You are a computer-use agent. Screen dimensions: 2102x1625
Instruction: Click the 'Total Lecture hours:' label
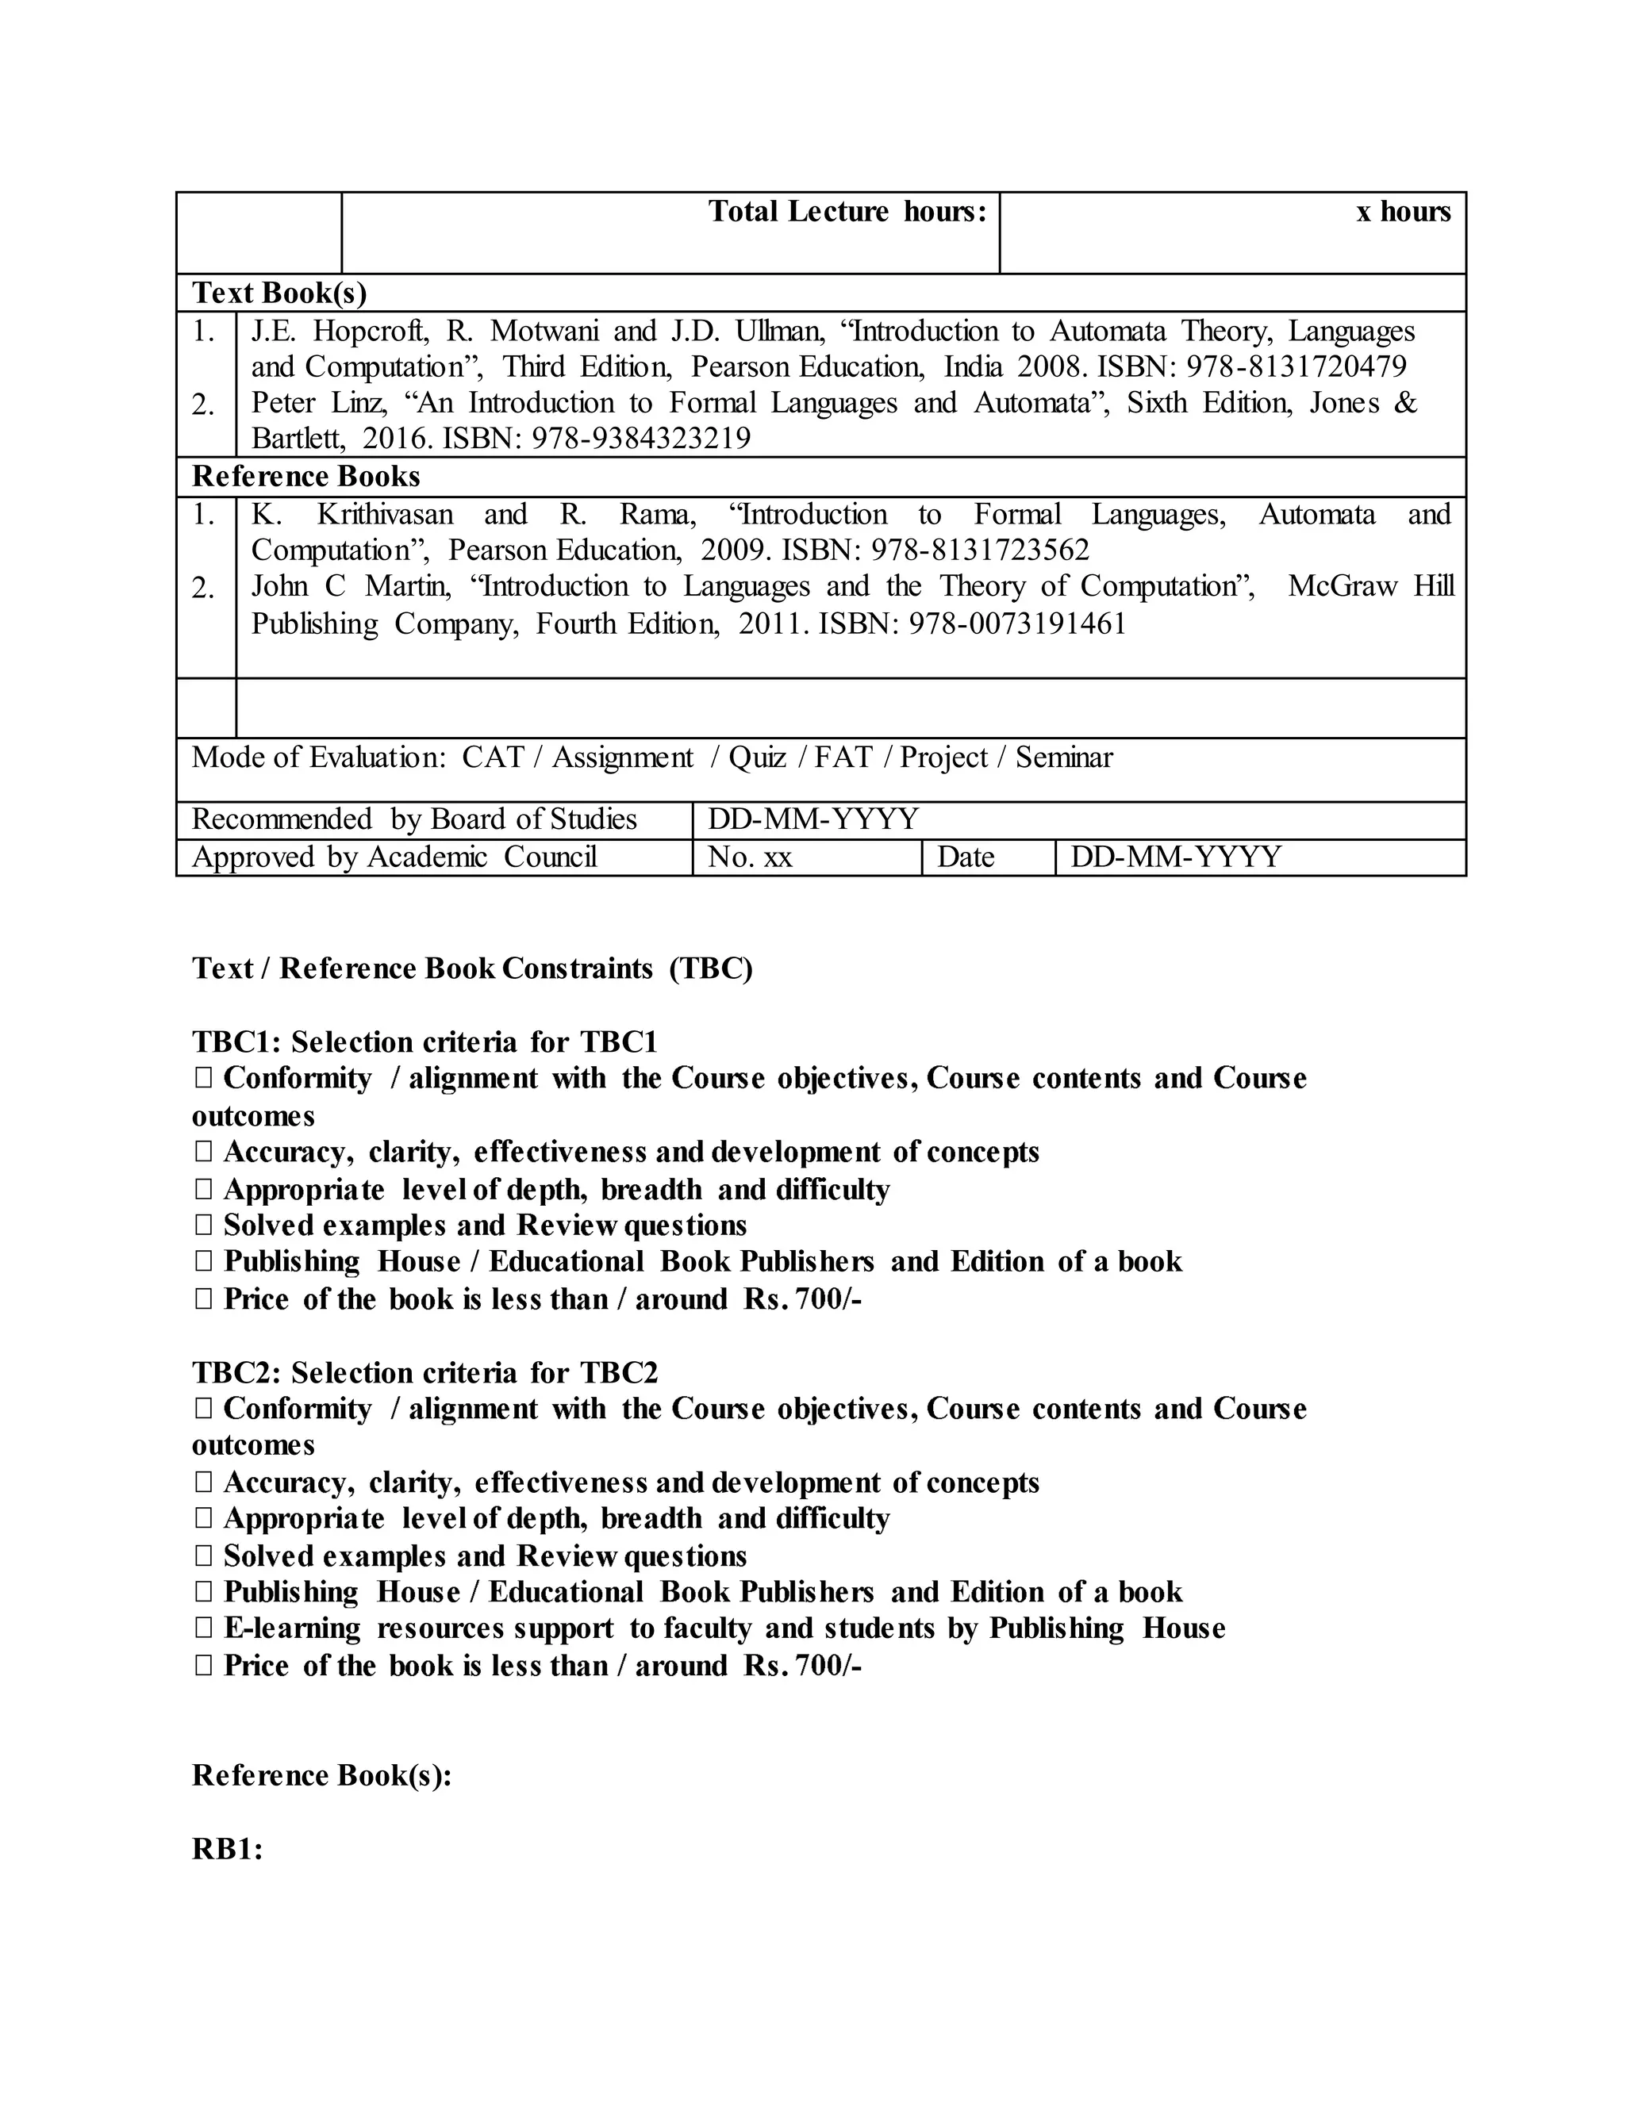[847, 212]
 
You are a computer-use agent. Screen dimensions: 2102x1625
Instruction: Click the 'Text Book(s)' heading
[279, 293]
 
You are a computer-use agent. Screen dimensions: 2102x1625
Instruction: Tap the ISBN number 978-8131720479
[1296, 366]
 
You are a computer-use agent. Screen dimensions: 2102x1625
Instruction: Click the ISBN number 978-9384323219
[641, 439]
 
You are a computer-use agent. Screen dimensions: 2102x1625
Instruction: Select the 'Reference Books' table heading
[306, 477]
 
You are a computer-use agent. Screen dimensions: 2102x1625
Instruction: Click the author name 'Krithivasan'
[385, 515]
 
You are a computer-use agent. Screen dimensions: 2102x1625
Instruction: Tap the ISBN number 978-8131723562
[980, 550]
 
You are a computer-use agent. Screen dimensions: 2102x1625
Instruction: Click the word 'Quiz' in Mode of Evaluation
[757, 758]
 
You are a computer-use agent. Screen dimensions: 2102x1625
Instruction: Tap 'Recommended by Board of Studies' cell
[414, 819]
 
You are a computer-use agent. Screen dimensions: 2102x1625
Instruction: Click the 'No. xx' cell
[750, 857]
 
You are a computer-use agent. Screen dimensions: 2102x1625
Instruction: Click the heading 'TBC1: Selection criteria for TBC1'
[424, 1041]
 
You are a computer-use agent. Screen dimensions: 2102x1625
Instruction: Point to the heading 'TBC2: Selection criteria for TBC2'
[424, 1371]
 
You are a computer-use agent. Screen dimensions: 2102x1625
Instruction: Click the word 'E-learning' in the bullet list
[292, 1628]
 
